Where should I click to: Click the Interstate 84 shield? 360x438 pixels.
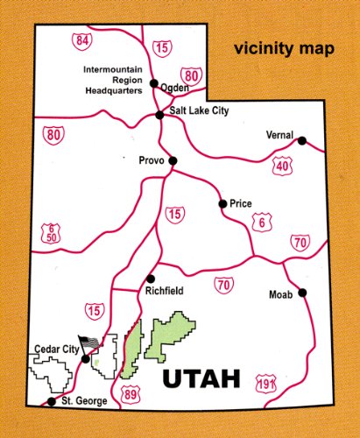click(x=82, y=40)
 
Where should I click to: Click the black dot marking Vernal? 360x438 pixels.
click(x=302, y=140)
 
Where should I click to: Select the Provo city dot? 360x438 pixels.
click(x=173, y=160)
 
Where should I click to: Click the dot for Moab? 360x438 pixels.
click(x=302, y=293)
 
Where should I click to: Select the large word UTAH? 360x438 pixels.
click(x=202, y=378)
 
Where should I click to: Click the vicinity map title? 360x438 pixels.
click(x=283, y=49)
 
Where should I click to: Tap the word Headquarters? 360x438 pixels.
click(x=113, y=89)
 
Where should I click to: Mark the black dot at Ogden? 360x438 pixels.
click(x=153, y=84)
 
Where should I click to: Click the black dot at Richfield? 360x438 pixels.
click(x=151, y=278)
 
